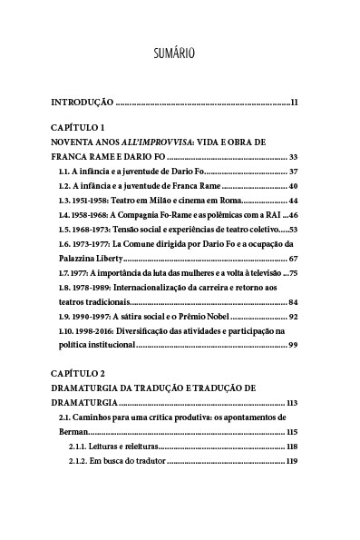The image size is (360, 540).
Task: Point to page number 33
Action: coord(293,157)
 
